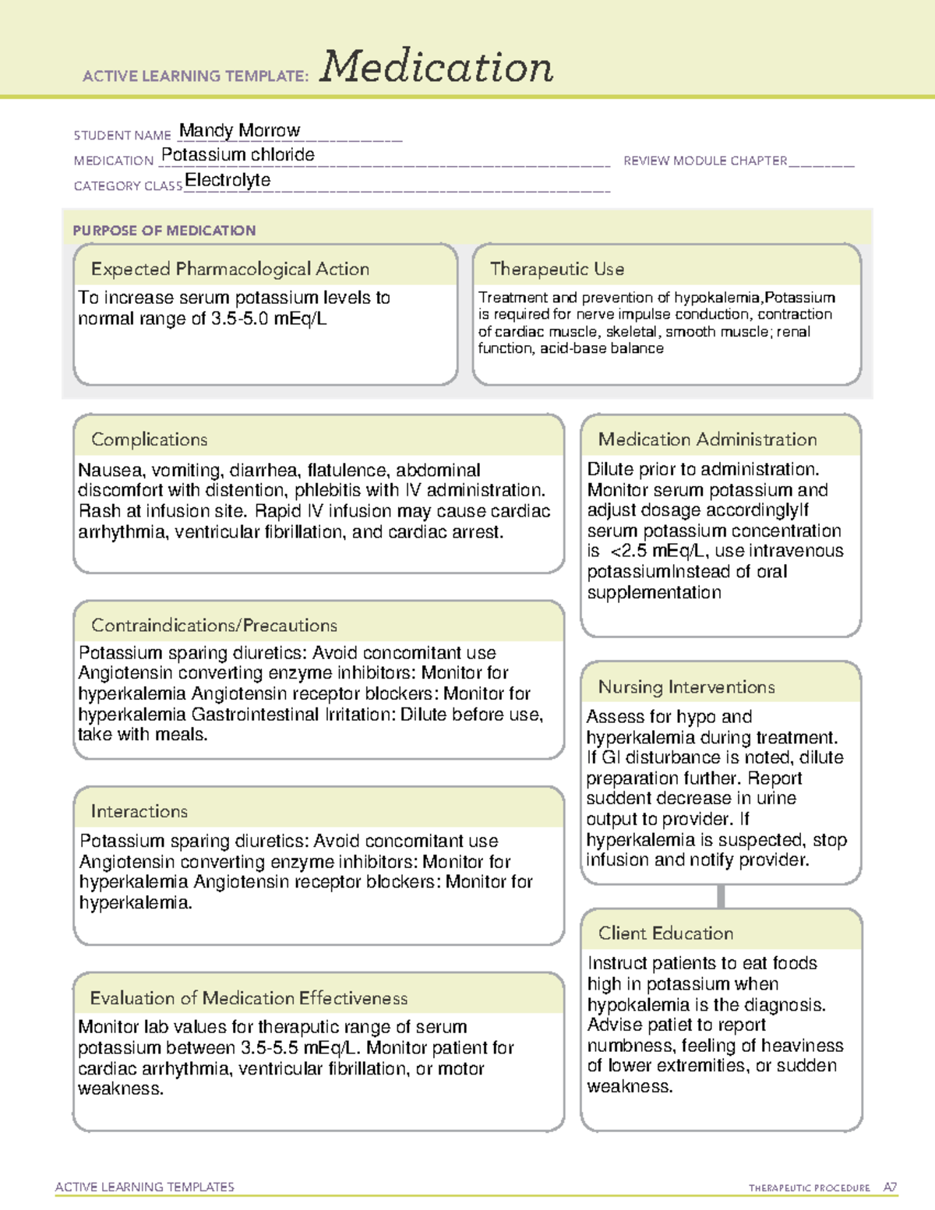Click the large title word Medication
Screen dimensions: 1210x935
(x=436, y=67)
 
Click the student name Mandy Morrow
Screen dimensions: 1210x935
(x=239, y=130)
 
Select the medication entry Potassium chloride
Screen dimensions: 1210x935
(x=238, y=154)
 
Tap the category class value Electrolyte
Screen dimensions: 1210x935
(x=228, y=180)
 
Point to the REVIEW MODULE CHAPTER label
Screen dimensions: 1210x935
(x=705, y=161)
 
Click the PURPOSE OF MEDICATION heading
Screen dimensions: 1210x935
(x=164, y=231)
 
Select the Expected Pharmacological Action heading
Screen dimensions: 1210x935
(x=230, y=269)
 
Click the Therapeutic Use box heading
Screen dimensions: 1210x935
(x=557, y=269)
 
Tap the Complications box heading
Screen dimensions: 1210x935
(x=150, y=439)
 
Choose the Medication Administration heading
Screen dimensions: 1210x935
(x=707, y=439)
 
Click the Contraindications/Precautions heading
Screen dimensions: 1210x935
(x=214, y=625)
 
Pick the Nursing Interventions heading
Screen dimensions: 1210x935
(x=686, y=687)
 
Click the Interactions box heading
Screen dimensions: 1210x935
(x=139, y=811)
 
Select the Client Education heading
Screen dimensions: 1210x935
(x=665, y=933)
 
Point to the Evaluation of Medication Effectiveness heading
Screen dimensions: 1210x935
(x=249, y=998)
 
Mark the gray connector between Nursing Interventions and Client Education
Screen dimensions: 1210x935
(x=721, y=897)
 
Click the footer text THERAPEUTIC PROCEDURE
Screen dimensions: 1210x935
(x=809, y=1188)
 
